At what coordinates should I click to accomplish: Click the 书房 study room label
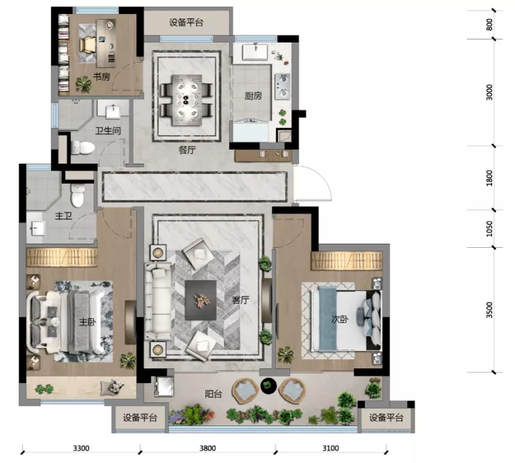click(102, 77)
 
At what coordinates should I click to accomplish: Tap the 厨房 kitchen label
click(253, 95)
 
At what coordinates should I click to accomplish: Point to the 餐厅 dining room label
click(187, 150)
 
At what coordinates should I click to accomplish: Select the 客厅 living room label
click(240, 299)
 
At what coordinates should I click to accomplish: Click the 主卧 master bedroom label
click(88, 322)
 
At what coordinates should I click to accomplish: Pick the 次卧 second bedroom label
click(340, 319)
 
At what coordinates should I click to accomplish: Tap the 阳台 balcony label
click(214, 393)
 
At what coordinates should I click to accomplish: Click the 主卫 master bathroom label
click(63, 216)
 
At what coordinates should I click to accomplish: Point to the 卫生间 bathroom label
click(108, 131)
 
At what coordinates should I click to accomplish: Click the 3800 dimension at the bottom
click(207, 448)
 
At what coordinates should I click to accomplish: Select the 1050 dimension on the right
click(489, 228)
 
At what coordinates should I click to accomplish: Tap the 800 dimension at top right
click(489, 24)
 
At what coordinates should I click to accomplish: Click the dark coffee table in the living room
click(200, 300)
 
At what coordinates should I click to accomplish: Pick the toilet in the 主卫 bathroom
click(78, 196)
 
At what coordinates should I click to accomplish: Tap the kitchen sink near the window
click(255, 52)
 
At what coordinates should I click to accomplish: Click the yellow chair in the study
click(88, 45)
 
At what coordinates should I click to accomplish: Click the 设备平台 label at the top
click(187, 22)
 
